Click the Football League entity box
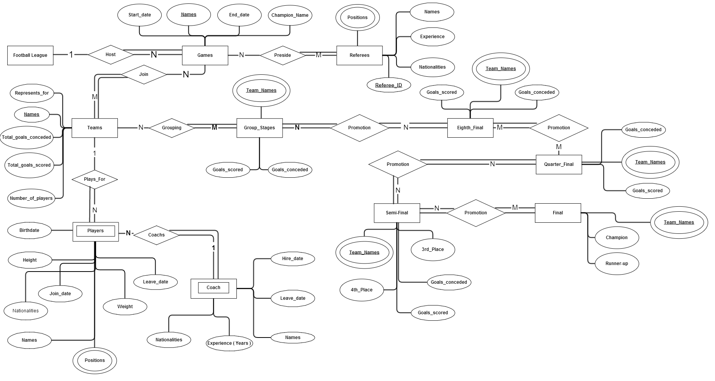click(30, 55)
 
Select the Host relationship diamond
click(111, 55)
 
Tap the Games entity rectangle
click(205, 55)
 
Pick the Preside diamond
click(283, 55)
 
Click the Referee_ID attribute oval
click(389, 85)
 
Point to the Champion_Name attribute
click(290, 15)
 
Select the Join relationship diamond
click(144, 74)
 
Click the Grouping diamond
click(172, 128)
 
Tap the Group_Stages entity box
click(259, 128)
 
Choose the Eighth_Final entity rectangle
click(470, 128)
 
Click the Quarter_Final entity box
click(559, 164)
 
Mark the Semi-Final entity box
click(397, 213)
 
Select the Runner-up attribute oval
click(617, 264)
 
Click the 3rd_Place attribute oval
click(433, 249)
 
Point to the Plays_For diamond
click(95, 179)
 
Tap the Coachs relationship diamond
click(156, 235)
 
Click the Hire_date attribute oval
click(292, 259)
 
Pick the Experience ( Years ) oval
click(229, 343)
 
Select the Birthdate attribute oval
click(29, 230)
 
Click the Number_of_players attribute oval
click(31, 198)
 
